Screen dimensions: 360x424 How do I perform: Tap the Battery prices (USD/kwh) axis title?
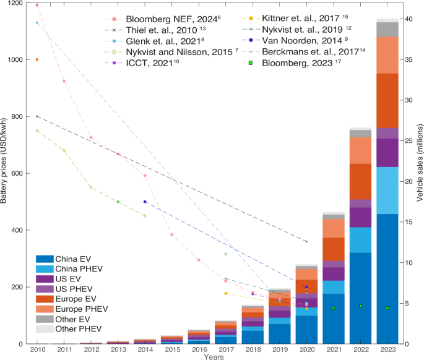tap(5, 173)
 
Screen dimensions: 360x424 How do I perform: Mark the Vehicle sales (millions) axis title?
tap(420, 173)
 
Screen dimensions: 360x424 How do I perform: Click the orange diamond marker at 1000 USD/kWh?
tap(37, 59)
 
